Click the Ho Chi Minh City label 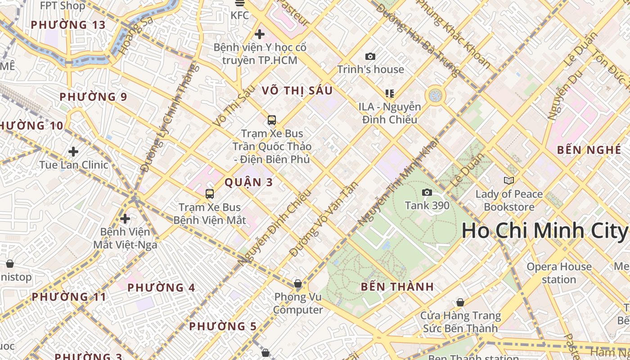coord(544,231)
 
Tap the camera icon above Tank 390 coord(427,193)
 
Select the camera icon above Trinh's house coord(370,56)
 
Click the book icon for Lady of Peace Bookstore coord(509,180)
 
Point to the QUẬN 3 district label coord(249,182)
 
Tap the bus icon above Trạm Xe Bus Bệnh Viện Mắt coord(210,194)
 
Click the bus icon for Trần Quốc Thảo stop coord(272,120)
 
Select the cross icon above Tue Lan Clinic coord(73,152)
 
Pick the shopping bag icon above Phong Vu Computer coord(298,283)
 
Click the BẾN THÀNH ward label coord(397,287)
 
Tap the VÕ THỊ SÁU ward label coord(297,90)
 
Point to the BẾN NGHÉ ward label coord(589,150)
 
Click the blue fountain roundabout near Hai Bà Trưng coord(435,95)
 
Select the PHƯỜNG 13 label coord(68,25)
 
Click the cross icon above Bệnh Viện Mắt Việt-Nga coord(125,219)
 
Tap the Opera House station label coord(559,273)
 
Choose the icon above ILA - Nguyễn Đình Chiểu coord(390,94)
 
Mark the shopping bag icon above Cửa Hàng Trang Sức coord(460,302)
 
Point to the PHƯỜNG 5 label coord(223,326)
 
